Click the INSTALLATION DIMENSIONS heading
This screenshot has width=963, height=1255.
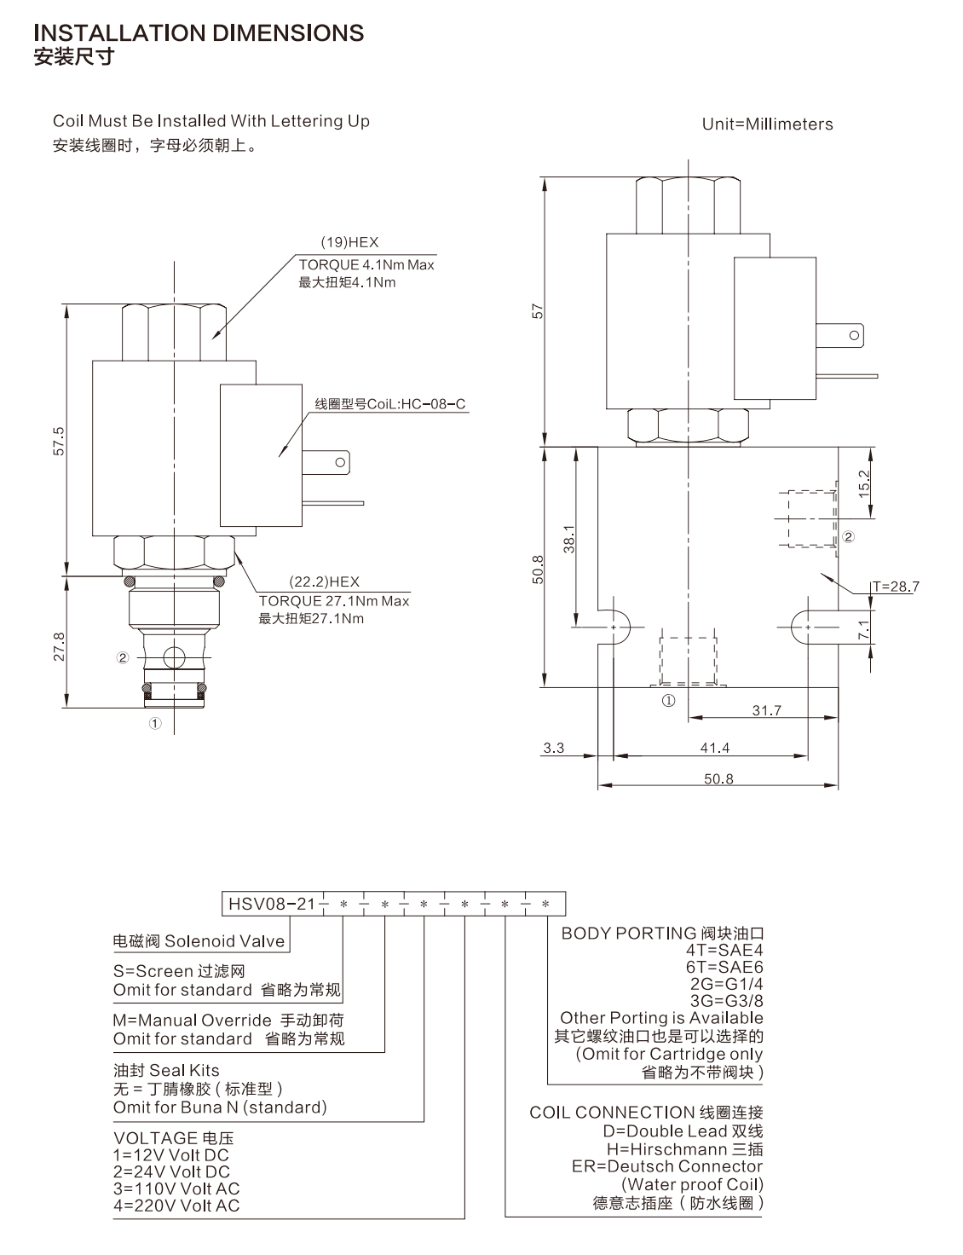(x=199, y=33)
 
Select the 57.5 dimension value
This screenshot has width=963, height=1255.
(x=59, y=442)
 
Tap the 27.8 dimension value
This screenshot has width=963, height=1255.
(x=59, y=646)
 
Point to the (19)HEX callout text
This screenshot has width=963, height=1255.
(x=350, y=243)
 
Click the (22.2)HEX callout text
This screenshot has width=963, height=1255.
(x=325, y=581)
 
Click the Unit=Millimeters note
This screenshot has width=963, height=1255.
(x=767, y=124)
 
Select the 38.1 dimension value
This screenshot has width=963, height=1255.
(x=569, y=539)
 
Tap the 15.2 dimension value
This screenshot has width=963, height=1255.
(x=863, y=484)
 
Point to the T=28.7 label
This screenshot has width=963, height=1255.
(x=896, y=587)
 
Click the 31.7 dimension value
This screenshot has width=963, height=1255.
(x=767, y=710)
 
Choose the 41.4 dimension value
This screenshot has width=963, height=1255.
(x=715, y=748)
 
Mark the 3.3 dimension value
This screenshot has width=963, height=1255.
(x=554, y=748)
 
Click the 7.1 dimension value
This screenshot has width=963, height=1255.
(x=863, y=629)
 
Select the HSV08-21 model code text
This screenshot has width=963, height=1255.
(x=271, y=904)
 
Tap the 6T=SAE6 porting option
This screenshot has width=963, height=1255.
(x=724, y=967)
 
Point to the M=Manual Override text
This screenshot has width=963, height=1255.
(x=193, y=1020)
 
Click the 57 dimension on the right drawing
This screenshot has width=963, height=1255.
(x=538, y=311)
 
